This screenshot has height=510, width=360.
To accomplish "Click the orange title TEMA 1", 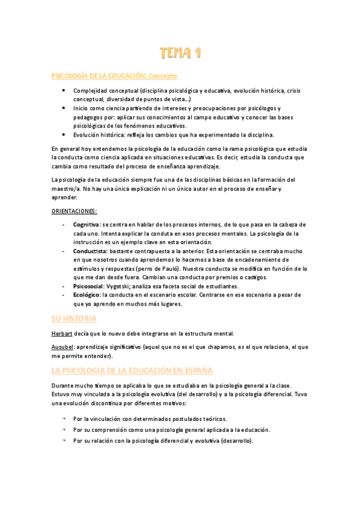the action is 180,54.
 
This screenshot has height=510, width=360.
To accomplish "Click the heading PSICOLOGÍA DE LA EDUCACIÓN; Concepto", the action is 115,76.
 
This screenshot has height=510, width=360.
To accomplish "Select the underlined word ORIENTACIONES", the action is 74,210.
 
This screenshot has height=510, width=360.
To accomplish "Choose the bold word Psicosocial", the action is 88,286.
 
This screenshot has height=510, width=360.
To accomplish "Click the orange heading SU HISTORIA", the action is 74,318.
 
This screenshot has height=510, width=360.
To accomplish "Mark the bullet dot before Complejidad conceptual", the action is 64,90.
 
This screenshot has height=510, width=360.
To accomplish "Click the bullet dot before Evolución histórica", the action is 64,135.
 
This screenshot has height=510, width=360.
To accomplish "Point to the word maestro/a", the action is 65,188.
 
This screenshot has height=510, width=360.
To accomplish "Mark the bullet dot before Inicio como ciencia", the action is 64,108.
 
